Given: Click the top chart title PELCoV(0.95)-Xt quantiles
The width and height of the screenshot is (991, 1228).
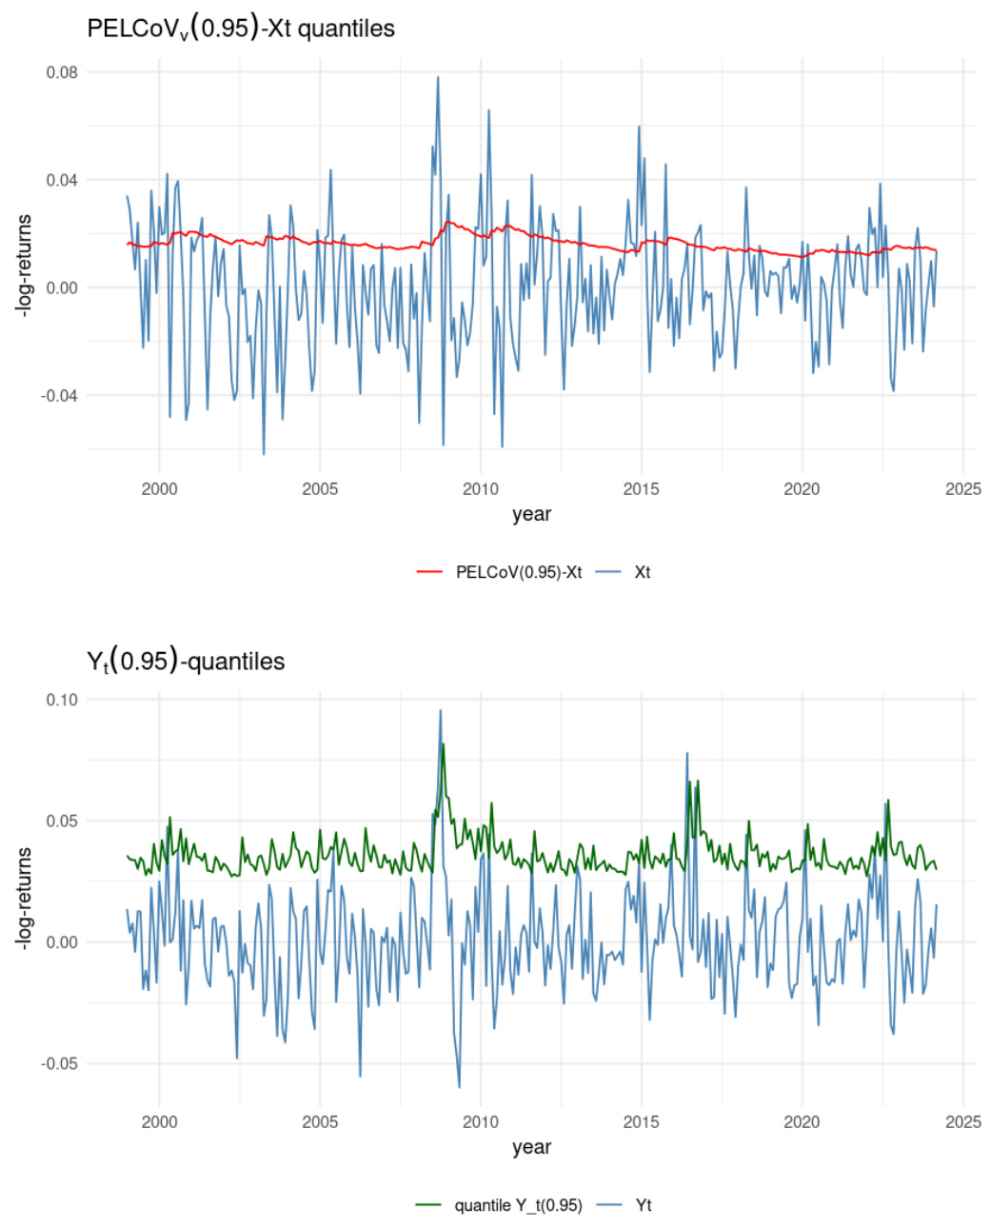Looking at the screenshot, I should point(240,29).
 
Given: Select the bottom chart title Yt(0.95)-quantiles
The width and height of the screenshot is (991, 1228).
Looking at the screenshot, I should point(186,661).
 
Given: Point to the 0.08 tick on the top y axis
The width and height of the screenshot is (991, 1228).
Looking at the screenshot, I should point(62,72).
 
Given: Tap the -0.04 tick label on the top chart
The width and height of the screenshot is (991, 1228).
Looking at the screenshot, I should point(59,396).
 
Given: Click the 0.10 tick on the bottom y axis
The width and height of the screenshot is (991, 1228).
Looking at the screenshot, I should point(62,700).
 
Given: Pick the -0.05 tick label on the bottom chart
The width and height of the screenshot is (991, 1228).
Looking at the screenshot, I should point(59,1064).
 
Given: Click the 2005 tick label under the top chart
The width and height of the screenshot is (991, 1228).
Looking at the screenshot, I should point(320,489).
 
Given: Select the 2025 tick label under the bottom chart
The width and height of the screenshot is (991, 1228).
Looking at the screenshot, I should point(962,1122).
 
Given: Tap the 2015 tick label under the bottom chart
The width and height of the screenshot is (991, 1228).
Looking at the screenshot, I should point(641,1122).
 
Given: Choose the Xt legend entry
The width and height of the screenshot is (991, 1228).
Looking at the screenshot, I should point(643,572).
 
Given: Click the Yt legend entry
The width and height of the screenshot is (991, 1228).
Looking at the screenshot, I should point(644,1205).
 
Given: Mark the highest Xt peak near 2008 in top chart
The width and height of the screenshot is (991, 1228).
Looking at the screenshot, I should point(438,78).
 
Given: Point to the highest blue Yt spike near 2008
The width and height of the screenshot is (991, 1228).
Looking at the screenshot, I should point(440,710).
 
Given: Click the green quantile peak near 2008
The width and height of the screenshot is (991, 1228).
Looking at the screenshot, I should point(443,744).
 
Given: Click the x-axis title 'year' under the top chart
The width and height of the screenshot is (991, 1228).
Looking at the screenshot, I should point(531,515).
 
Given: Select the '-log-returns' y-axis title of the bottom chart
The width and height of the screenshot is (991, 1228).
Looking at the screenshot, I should point(24,897).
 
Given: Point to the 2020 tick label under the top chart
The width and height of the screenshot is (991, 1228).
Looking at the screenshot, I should point(802,489).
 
